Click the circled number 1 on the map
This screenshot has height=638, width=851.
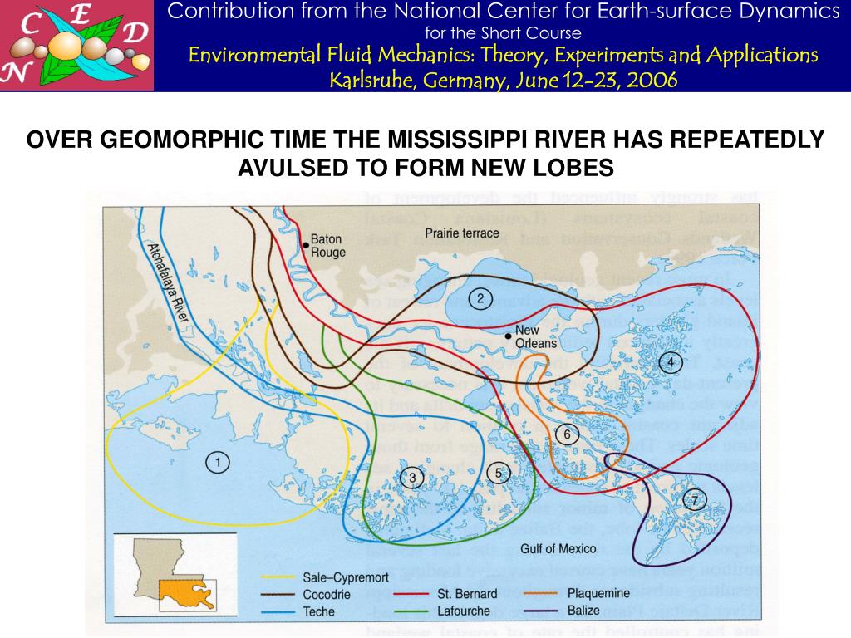coord(218,463)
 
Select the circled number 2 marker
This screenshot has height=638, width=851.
coord(480,298)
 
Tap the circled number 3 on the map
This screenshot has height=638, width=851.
coord(411,477)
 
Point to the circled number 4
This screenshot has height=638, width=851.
coord(670,361)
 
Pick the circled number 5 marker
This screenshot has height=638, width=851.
coord(499,473)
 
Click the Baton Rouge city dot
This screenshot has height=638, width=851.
coord(306,245)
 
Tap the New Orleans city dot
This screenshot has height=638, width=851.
coord(509,336)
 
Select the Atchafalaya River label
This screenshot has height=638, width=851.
coord(169,282)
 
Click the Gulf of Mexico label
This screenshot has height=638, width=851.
coord(558,548)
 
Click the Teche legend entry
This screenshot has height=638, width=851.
coord(318,611)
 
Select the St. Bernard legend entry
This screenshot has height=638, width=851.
coord(467,593)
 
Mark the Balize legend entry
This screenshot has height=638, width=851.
coord(583,611)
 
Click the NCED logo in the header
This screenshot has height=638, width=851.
coord(76,45)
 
